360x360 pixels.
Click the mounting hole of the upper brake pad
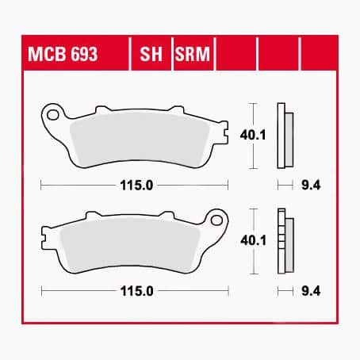[x=54, y=115]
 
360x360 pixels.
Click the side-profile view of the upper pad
[x=284, y=136]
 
